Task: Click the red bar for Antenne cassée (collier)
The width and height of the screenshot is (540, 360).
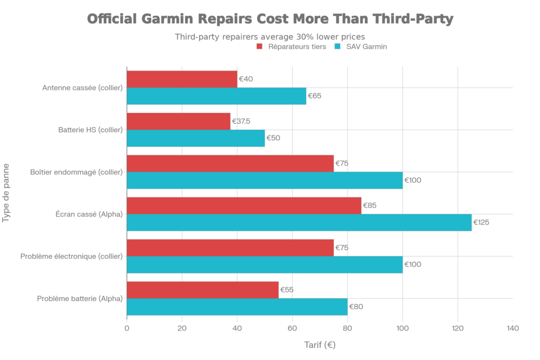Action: pos(182,79)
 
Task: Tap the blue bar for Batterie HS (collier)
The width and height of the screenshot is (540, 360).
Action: pos(196,138)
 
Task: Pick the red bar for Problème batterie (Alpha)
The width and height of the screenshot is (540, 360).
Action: pos(203,290)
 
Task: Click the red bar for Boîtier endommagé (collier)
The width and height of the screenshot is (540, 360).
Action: pos(230,163)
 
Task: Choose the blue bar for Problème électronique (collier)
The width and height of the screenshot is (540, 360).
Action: pos(265,265)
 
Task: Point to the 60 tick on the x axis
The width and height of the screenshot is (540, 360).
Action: pos(292,328)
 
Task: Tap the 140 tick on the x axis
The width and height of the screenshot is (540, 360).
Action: pos(513,328)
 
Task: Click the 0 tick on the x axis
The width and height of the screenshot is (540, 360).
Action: pos(127,328)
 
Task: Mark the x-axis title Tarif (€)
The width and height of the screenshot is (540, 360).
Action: pos(320,346)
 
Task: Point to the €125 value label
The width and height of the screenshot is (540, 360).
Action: pos(482,222)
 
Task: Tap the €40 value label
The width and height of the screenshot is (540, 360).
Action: pos(246,79)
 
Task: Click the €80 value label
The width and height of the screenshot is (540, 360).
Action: pos(356,307)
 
